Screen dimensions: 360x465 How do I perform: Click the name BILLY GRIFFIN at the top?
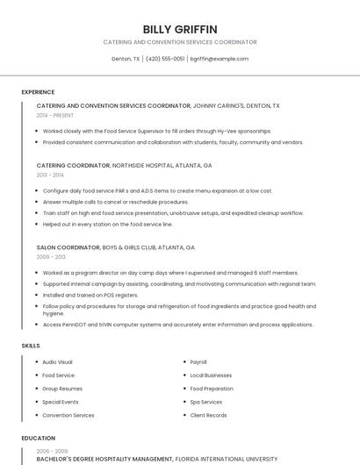(179, 29)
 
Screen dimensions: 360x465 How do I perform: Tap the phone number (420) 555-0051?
(165, 59)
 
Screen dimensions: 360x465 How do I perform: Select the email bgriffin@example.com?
(220, 59)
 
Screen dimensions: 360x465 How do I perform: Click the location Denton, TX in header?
(126, 59)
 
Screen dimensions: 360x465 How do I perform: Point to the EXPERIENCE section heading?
(38, 92)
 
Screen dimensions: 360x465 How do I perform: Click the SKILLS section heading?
(31, 346)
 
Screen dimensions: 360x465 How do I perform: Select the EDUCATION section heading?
(38, 438)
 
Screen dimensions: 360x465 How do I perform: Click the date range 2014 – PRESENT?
(55, 115)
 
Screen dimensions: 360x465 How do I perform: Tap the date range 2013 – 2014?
(50, 175)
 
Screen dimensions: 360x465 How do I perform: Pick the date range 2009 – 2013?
(51, 257)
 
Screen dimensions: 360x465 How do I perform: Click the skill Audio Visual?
(57, 361)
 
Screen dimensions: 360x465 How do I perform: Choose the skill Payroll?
(198, 361)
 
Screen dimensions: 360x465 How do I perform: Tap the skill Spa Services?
(205, 402)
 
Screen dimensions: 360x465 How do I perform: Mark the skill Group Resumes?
(61, 389)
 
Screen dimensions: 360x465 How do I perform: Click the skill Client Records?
(208, 415)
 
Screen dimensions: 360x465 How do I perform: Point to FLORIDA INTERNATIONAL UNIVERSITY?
(227, 459)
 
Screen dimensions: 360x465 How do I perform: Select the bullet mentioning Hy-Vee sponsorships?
(156, 131)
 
